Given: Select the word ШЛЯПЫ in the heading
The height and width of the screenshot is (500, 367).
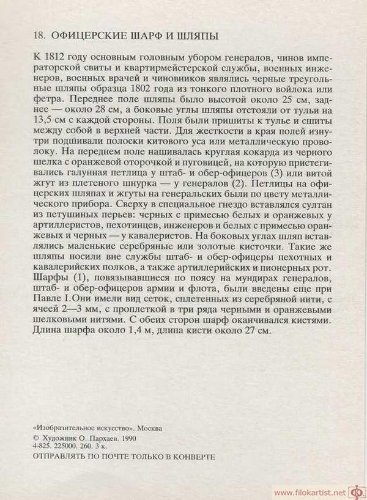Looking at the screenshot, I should pyautogui.click(x=196, y=37).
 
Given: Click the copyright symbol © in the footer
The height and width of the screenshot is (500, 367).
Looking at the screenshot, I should pyautogui.click(x=35, y=439).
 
